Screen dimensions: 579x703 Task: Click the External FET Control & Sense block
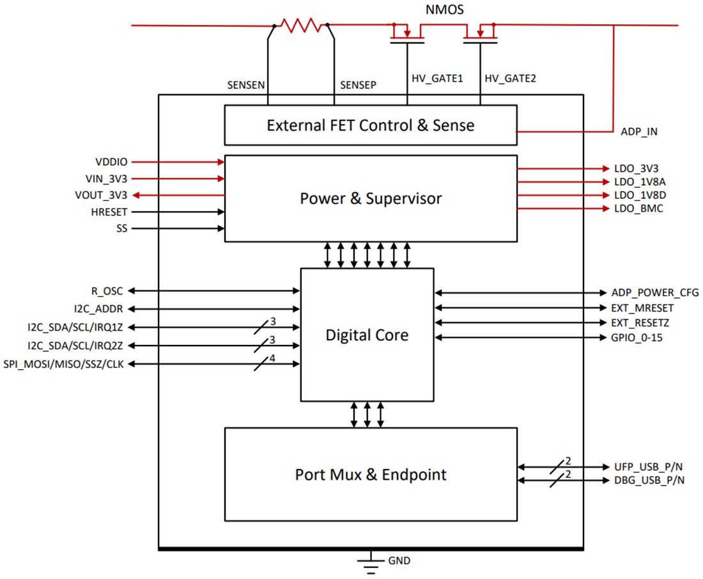(370, 125)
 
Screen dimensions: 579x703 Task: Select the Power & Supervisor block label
(370, 198)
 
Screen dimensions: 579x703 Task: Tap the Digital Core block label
(366, 335)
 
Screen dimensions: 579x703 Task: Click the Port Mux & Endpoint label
(370, 475)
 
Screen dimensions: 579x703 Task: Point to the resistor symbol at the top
(301, 26)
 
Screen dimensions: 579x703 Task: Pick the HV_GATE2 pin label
(511, 79)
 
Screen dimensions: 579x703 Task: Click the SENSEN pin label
(246, 84)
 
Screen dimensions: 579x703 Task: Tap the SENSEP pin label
(358, 84)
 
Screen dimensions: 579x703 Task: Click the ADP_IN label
(638, 132)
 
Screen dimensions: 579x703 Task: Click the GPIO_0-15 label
(637, 337)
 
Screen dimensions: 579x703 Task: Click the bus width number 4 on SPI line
(272, 358)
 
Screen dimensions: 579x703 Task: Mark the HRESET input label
(110, 211)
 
